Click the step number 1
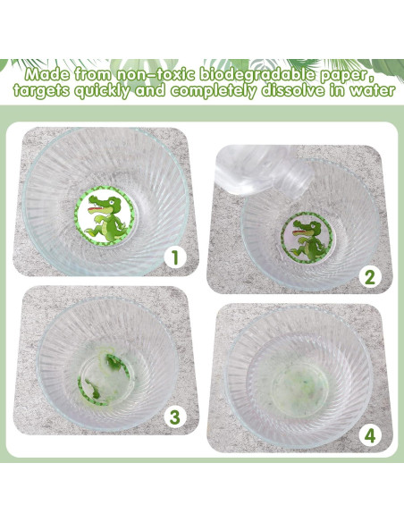tap(175, 257)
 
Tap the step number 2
tap(370, 277)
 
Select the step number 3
tap(174, 417)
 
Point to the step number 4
tap(370, 435)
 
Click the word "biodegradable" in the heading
tap(257, 74)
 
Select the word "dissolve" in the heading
tap(292, 90)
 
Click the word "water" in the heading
tap(372, 90)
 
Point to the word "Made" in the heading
tap(47, 74)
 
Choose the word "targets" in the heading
tap(41, 91)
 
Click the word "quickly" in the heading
tap(103, 91)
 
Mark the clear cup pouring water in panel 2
tap(264, 171)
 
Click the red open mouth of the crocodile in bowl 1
tap(95, 209)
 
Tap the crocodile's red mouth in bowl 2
tap(299, 229)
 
